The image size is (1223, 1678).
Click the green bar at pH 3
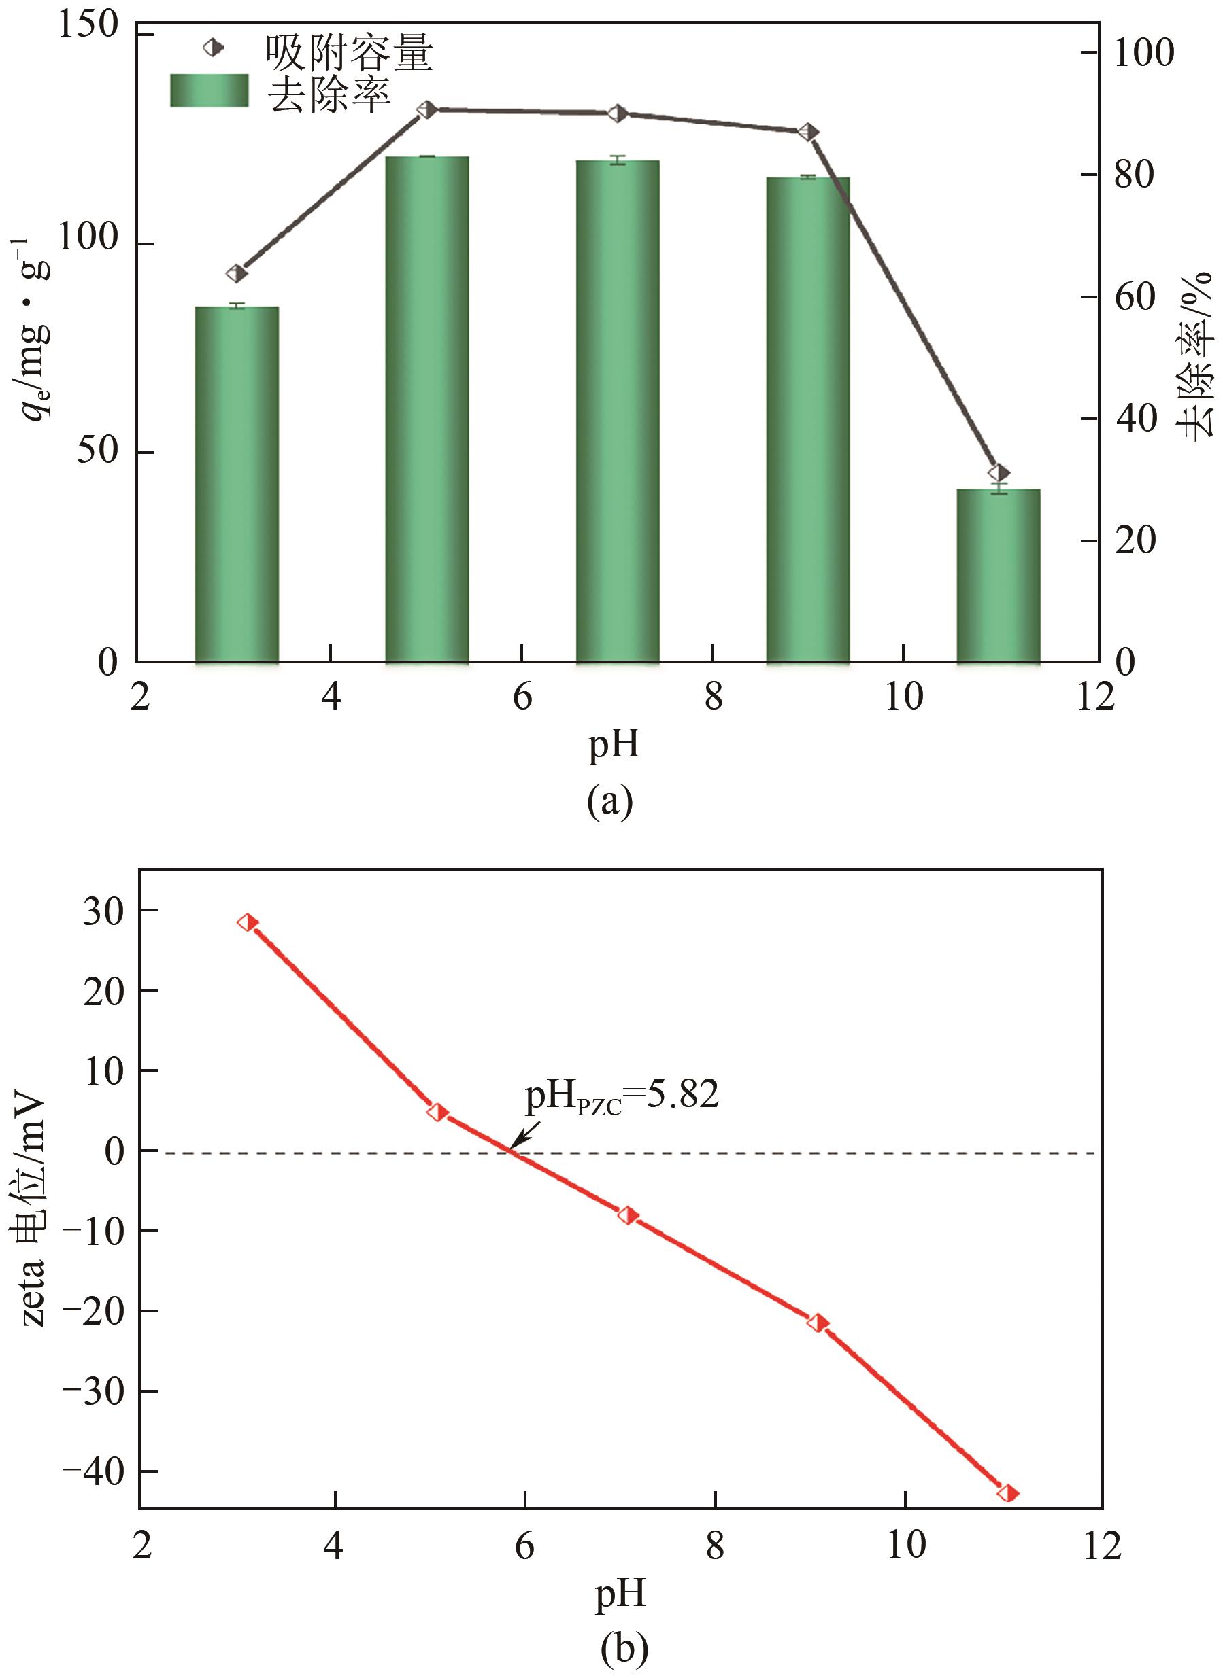(x=237, y=484)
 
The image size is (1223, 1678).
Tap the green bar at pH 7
(x=618, y=410)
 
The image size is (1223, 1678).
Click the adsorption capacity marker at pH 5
(x=426, y=109)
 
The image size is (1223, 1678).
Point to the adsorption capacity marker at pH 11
(x=999, y=473)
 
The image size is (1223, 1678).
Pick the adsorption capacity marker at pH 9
(x=809, y=132)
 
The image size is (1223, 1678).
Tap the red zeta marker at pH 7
(x=629, y=1215)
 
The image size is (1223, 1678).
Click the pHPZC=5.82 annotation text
(x=622, y=1096)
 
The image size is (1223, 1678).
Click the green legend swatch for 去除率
(x=209, y=90)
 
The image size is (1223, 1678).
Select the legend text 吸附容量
(x=349, y=52)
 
